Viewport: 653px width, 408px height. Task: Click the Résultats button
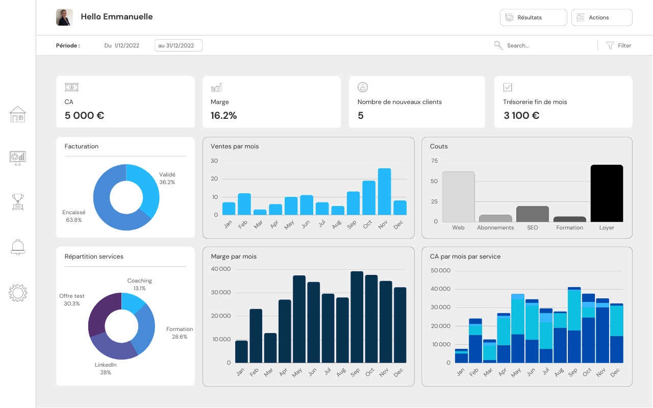(533, 17)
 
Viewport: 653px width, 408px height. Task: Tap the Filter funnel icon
(610, 45)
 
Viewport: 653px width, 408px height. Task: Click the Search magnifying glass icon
(498, 45)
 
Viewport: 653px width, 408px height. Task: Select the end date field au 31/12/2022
(179, 45)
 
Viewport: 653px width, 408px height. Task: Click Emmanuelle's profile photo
(64, 17)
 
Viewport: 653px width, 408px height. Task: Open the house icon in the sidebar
(18, 114)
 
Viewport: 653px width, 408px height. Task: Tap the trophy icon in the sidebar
(18, 201)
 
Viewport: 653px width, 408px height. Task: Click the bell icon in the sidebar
(18, 247)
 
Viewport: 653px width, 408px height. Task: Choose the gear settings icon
(18, 293)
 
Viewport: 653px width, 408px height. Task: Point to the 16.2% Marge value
(223, 115)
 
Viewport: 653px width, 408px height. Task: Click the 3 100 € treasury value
(521, 115)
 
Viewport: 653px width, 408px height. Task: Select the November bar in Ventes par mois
(384, 192)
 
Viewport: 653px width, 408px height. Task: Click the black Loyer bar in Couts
(607, 193)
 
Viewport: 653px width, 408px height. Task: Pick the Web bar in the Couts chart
(458, 197)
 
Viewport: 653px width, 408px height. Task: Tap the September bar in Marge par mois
(357, 317)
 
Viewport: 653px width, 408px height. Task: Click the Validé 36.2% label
(167, 178)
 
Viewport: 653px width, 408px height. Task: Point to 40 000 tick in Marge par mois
(221, 269)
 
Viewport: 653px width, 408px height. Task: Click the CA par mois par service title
(465, 257)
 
